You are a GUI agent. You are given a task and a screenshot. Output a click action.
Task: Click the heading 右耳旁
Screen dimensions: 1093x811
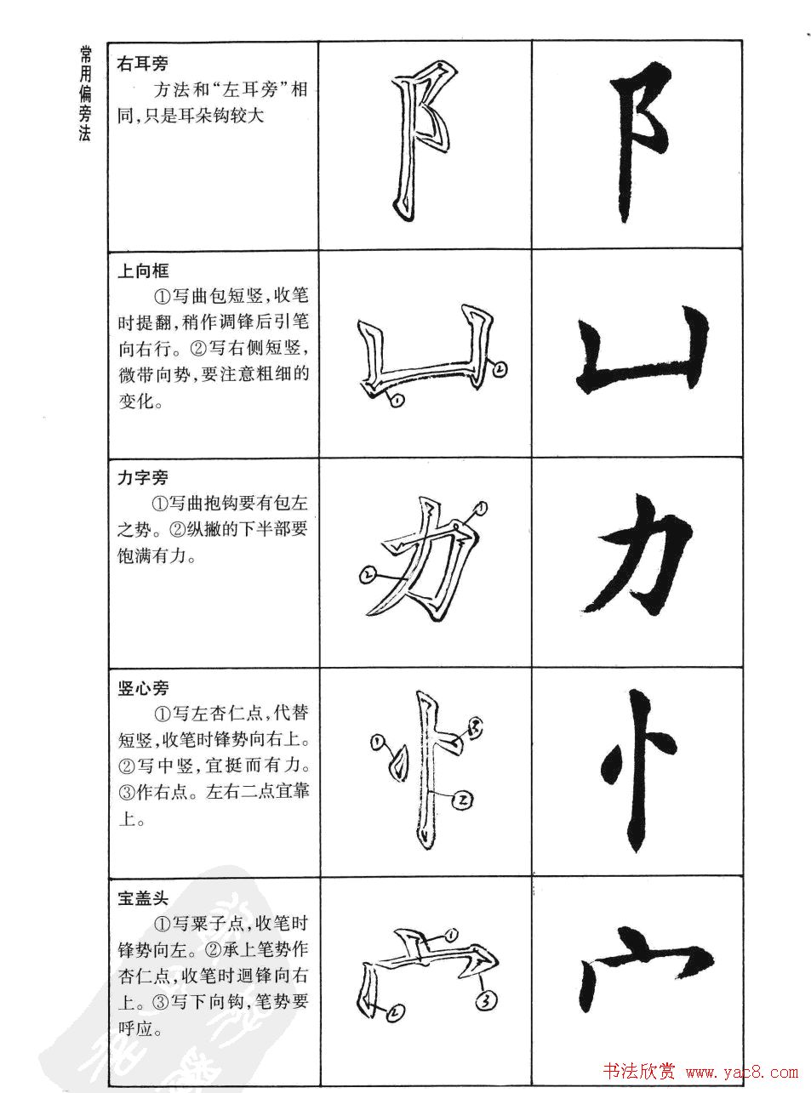[142, 63]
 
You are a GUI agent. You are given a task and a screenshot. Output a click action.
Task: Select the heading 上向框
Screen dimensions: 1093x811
[143, 270]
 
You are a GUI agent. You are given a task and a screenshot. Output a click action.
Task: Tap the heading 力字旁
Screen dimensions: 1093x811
[143, 478]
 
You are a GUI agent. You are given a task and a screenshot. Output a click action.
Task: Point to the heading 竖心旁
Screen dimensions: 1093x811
[143, 687]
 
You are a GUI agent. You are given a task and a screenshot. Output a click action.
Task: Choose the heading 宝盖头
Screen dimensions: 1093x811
[143, 897]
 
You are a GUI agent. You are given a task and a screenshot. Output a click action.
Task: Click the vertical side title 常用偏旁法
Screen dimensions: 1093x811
[84, 94]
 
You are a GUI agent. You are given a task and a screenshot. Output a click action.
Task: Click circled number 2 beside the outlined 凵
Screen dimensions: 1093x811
[500, 368]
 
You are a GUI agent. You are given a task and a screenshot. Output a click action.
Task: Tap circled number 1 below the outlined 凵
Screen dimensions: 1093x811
[395, 401]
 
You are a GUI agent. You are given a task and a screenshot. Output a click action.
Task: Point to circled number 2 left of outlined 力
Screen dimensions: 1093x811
[366, 576]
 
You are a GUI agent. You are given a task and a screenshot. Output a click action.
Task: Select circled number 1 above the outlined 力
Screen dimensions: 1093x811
[480, 509]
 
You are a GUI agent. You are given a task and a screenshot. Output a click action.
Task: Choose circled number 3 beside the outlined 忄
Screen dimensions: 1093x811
[474, 726]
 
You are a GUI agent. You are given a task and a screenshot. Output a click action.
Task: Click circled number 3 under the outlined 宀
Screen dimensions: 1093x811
[485, 1001]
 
